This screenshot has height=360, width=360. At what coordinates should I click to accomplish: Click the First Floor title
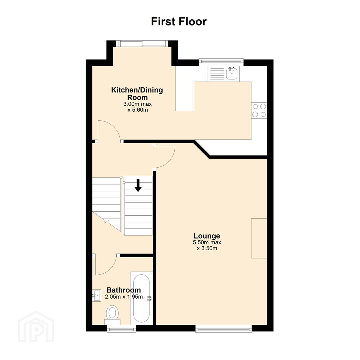click(x=179, y=22)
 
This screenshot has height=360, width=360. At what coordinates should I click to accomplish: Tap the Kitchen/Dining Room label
click(x=137, y=93)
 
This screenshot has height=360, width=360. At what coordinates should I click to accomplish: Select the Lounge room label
click(x=207, y=236)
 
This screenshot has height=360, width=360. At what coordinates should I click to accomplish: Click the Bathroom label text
click(x=124, y=290)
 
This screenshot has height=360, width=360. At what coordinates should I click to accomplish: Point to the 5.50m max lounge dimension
click(x=207, y=242)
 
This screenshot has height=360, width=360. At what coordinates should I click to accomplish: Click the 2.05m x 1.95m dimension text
click(x=124, y=297)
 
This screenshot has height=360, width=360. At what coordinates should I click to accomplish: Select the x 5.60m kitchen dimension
click(x=138, y=110)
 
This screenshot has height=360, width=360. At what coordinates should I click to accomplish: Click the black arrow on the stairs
click(x=138, y=185)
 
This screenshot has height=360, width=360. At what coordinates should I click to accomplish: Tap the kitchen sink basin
click(x=232, y=73)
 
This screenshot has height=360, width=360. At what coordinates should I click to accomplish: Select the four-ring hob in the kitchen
click(x=259, y=110)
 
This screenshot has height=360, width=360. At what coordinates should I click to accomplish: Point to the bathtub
click(x=141, y=298)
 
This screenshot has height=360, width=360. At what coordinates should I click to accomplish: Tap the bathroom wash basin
click(x=96, y=295)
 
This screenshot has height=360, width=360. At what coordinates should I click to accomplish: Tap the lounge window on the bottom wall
click(x=223, y=328)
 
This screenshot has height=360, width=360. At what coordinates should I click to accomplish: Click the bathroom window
click(x=122, y=329)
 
